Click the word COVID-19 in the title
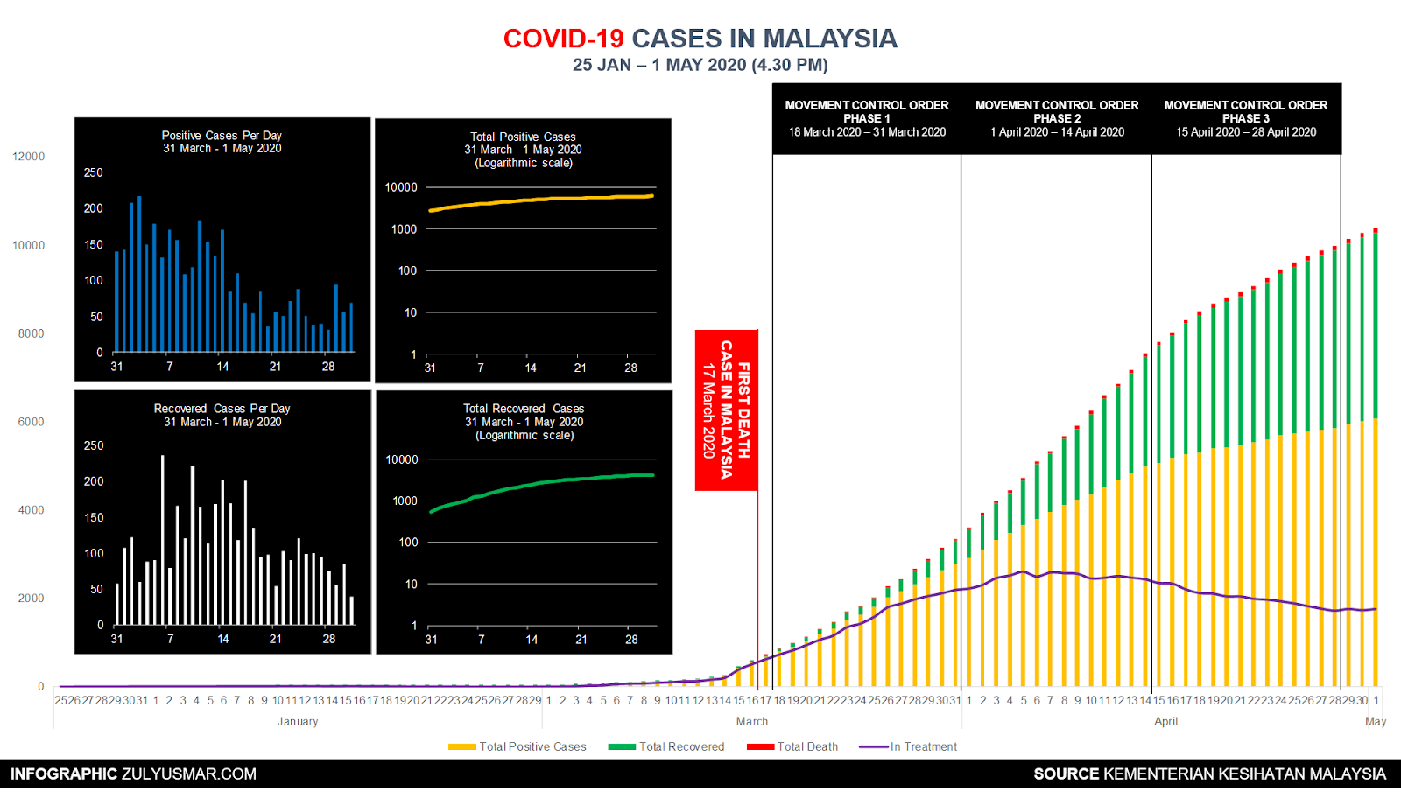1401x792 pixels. tap(563, 39)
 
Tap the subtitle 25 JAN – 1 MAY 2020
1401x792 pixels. tap(700, 65)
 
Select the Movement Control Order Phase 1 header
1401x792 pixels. tap(867, 118)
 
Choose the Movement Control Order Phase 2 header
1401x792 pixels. tap(1057, 118)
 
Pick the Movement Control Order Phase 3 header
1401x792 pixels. tap(1246, 118)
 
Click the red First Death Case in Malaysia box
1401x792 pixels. tap(726, 410)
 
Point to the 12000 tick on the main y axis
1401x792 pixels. tap(28, 157)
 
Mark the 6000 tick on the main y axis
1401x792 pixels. tap(31, 422)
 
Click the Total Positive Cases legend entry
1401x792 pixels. tap(517, 746)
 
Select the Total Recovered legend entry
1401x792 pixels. tap(667, 746)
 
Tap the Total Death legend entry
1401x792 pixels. tap(793, 746)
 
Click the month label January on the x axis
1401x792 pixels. tap(298, 722)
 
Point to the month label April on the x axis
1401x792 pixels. tap(1165, 722)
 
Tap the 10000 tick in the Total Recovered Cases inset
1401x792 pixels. tap(402, 459)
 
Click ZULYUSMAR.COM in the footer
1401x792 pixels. tap(189, 774)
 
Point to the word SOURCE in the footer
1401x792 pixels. tap(1066, 774)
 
